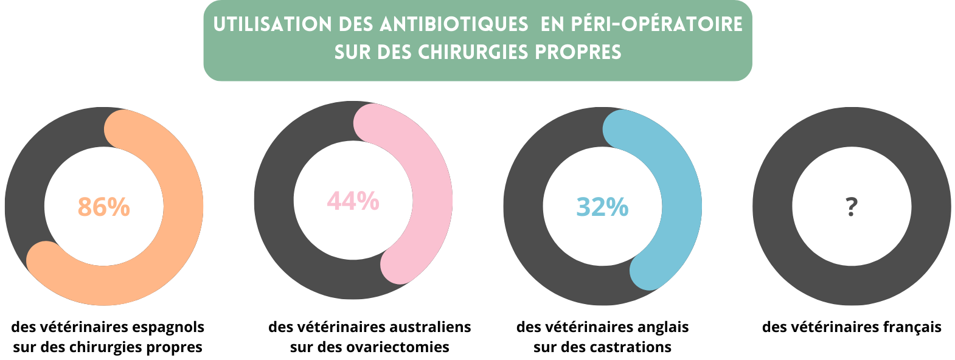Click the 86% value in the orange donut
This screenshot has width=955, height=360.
(x=104, y=207)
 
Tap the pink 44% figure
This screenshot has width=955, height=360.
(x=353, y=201)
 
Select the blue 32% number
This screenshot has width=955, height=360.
(x=602, y=207)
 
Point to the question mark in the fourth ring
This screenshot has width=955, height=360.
(x=852, y=207)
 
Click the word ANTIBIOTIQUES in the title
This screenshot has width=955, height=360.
(x=454, y=24)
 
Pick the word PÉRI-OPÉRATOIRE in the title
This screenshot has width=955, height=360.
(x=657, y=24)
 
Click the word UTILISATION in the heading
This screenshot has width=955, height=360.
(x=273, y=24)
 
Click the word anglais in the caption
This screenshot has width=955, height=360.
(x=659, y=327)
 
